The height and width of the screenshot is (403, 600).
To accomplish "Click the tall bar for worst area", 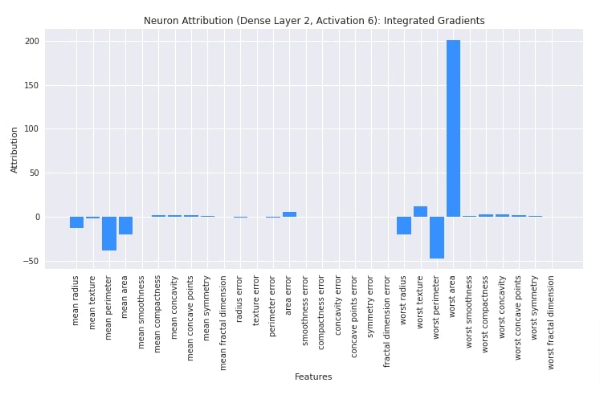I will tap(453, 128).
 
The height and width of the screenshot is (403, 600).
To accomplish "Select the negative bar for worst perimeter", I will tap(437, 237).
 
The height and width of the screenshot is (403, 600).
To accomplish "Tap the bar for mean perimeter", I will tap(109, 233).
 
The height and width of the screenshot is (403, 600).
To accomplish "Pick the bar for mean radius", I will tap(76, 222).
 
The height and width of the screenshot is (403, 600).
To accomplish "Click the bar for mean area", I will tap(125, 226).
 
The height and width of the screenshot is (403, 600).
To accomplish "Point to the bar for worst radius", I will tap(404, 226).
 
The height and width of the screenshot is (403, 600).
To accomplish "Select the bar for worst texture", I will tap(420, 212).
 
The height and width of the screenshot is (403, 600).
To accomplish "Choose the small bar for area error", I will tap(289, 214).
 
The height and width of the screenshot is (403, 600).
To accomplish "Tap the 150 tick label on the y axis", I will tap(31, 85).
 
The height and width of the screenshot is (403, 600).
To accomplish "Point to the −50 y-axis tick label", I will tap(31, 261).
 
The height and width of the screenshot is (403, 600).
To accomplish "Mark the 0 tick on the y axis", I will tap(36, 217).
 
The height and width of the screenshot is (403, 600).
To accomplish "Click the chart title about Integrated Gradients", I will tap(314, 21).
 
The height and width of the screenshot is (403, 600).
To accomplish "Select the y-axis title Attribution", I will tap(14, 149).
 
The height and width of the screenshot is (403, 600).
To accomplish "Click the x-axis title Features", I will tap(313, 377).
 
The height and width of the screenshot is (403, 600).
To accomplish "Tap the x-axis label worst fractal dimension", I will tap(551, 321).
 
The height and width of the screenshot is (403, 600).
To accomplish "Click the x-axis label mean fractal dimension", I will tap(223, 322).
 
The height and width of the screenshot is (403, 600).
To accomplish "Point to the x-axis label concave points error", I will tap(354, 317).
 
